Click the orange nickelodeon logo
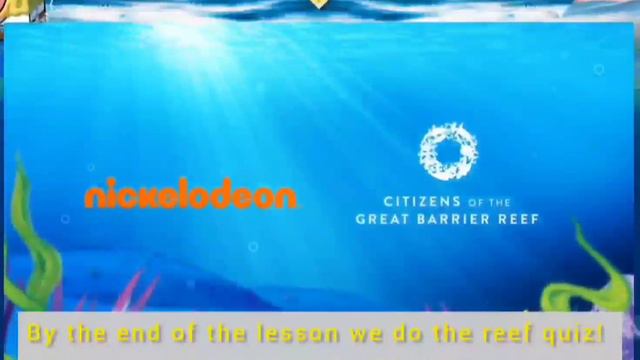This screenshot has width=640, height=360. [x=190, y=195]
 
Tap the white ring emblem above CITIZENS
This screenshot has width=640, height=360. [x=448, y=152]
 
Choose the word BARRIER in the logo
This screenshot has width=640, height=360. [x=450, y=219]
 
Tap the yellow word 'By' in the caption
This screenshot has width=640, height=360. [x=42, y=333]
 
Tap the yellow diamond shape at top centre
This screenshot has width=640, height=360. [x=318, y=4]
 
